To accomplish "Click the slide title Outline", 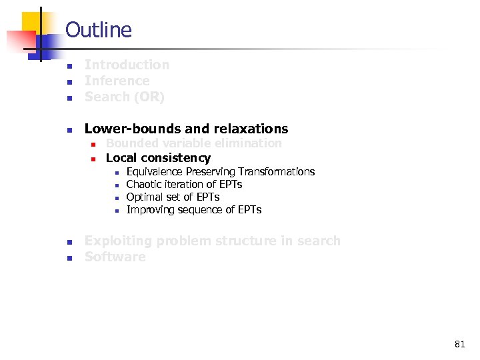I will [99, 30].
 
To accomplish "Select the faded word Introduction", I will [127, 65].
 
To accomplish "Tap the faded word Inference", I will [117, 81].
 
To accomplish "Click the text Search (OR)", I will [124, 97].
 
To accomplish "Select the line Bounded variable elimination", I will [193, 143].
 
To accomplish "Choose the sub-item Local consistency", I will [158, 158].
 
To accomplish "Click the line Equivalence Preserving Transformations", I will [220, 172].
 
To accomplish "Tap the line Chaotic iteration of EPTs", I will [184, 185].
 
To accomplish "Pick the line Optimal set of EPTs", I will [173, 197].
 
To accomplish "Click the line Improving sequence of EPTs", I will [193, 210].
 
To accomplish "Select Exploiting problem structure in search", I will [212, 241].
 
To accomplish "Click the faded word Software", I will [115, 257].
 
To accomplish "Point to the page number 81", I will [459, 344].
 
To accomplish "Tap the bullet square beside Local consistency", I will [94, 159].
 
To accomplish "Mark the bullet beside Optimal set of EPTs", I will [116, 198].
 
